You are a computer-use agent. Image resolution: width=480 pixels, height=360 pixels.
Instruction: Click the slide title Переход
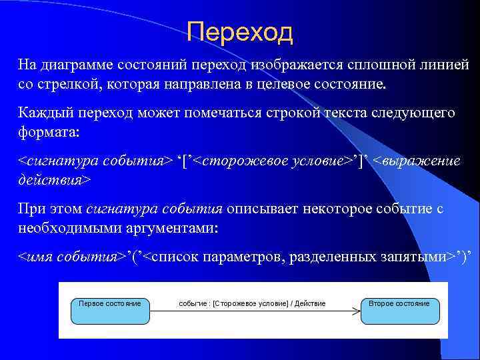pyautogui.click(x=239, y=31)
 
